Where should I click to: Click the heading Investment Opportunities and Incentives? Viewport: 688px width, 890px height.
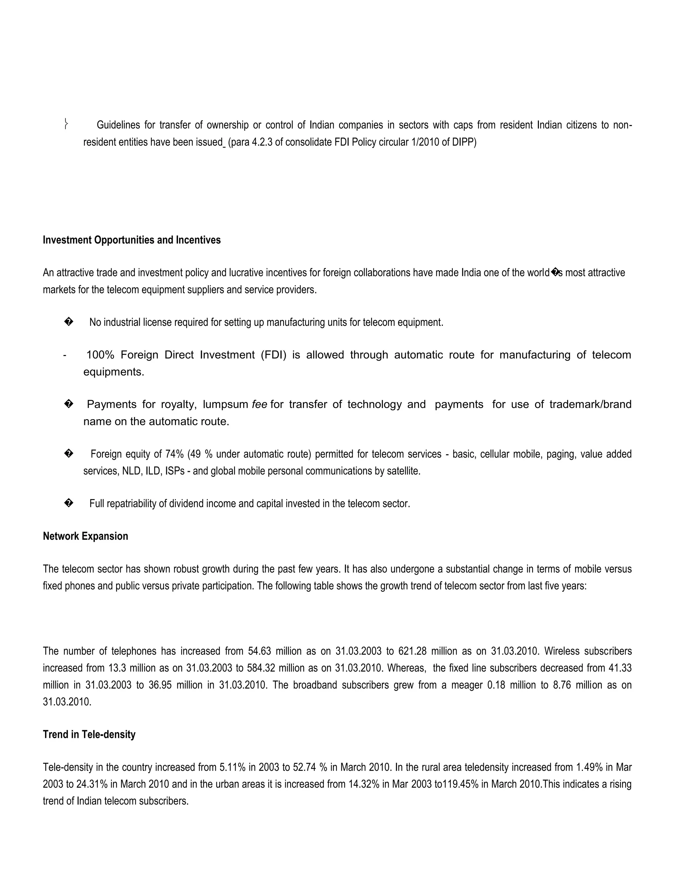tap(132, 240)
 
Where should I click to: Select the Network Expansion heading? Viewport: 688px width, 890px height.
tap(86, 536)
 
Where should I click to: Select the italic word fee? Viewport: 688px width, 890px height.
tap(259, 405)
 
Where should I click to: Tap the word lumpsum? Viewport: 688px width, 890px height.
tap(225, 405)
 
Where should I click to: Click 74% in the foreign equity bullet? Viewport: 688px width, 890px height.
tap(174, 454)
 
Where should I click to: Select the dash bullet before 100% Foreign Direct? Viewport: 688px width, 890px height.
tap(65, 355)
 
